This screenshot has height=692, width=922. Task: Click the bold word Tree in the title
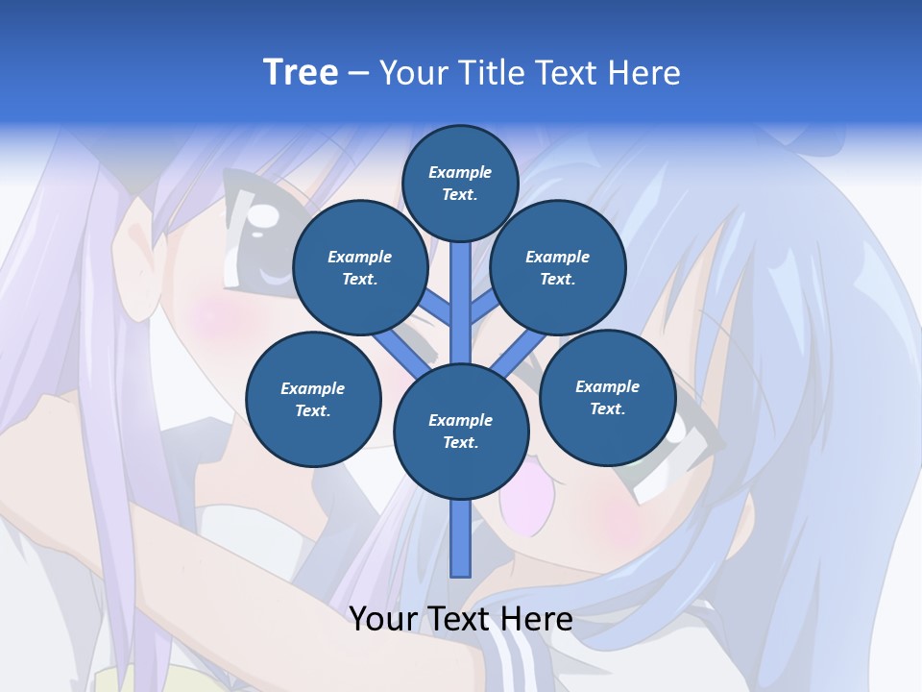coord(300,72)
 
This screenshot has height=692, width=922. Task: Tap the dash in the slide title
coord(358,73)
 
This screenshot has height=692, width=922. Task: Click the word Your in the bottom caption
coord(384,619)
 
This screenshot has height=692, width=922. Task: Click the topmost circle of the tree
coord(460,183)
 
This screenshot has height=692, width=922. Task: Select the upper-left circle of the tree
coord(359,267)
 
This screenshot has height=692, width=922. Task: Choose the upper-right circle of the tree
coord(558,267)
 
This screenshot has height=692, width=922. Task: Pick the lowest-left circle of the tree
coord(313,399)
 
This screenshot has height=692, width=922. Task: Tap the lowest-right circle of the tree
coord(607,397)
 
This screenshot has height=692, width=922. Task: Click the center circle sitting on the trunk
coord(461,431)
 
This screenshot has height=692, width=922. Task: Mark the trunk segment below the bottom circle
coord(461,538)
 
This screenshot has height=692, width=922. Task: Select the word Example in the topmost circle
coord(460,172)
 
